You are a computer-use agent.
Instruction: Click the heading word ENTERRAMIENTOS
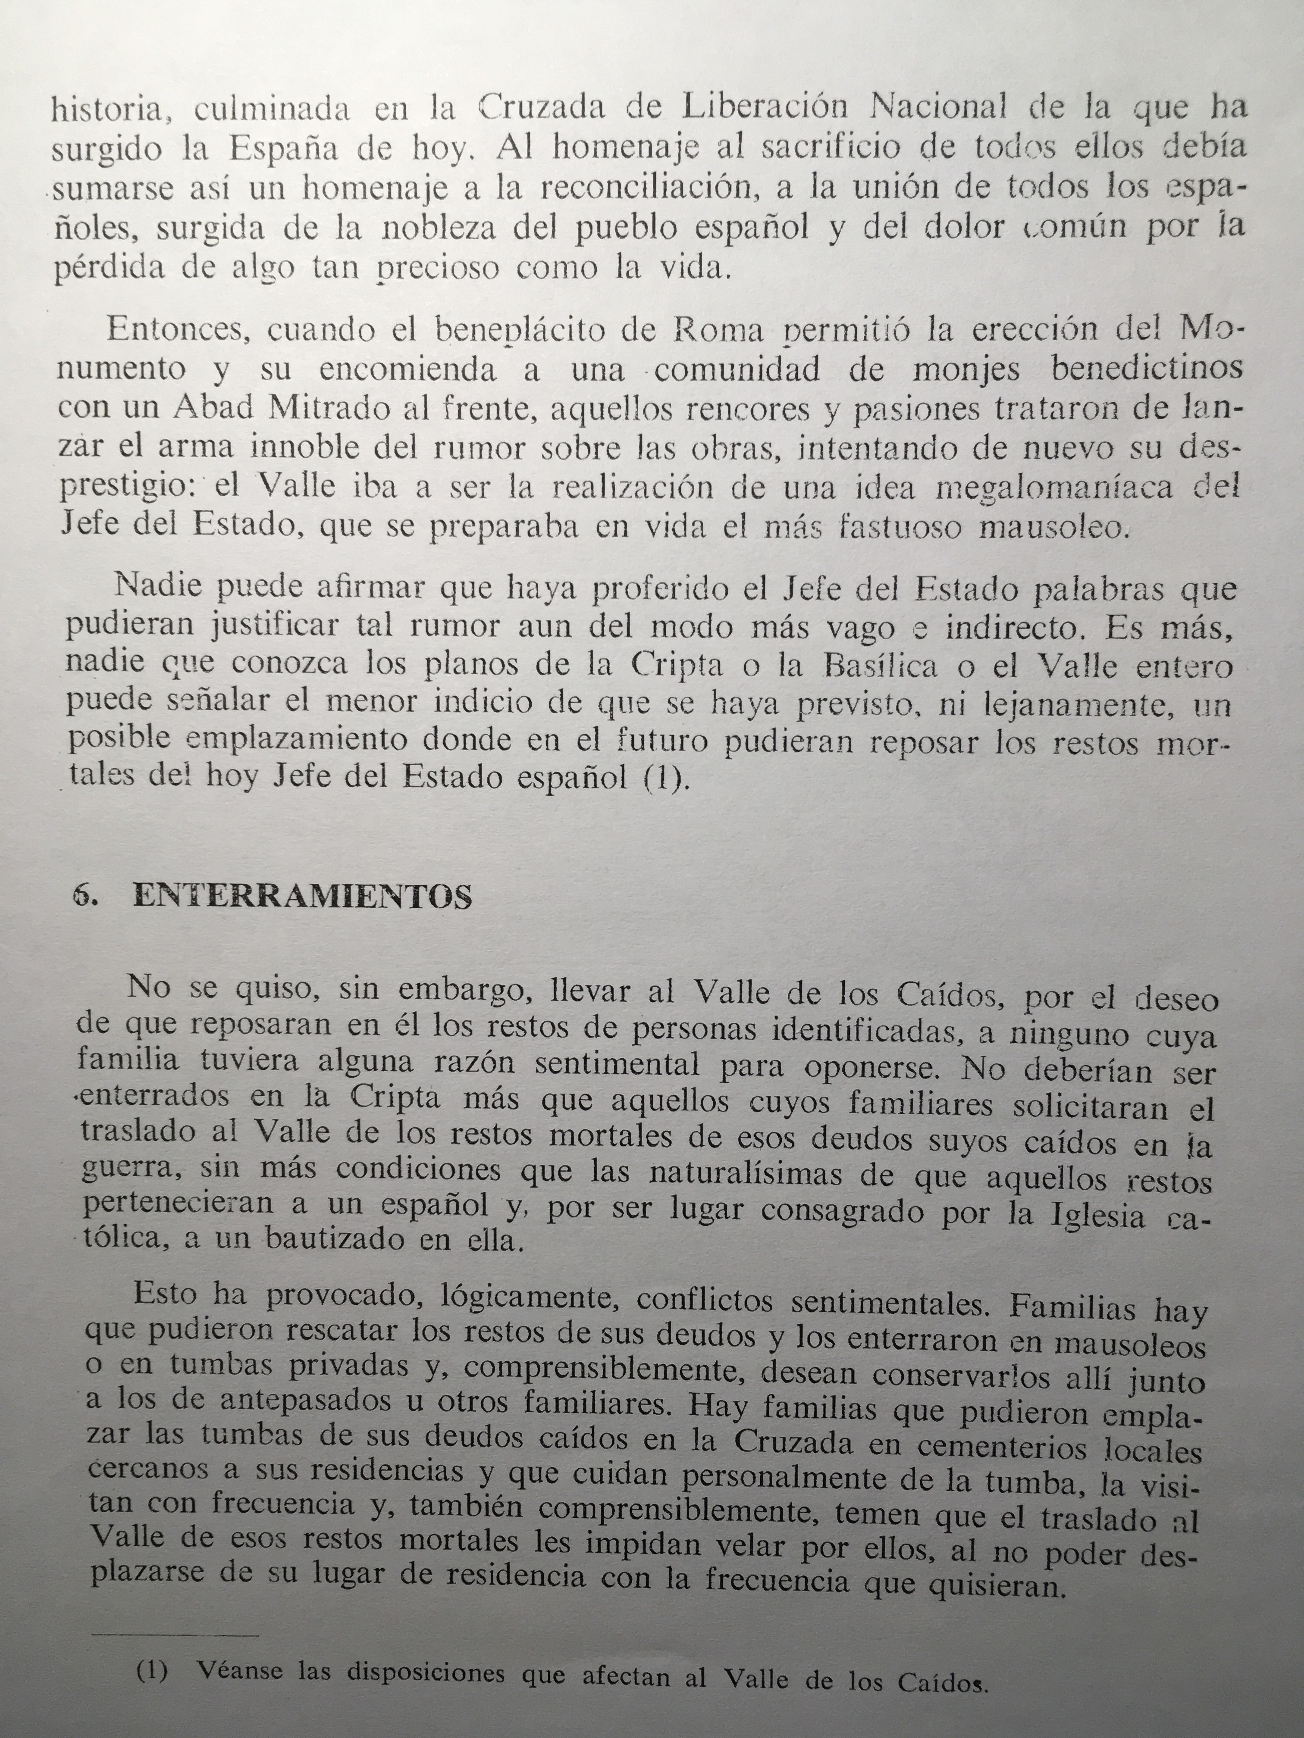coord(303,897)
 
